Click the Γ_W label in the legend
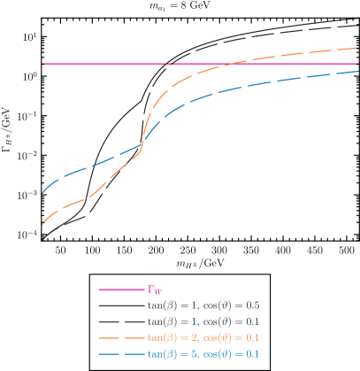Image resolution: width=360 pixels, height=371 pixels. [155, 290]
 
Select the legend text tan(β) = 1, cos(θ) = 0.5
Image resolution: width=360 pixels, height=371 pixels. [203, 305]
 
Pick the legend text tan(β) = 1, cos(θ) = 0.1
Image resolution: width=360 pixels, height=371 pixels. [203, 321]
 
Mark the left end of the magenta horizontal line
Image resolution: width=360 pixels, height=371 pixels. [43, 64]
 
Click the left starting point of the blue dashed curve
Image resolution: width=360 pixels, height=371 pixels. [42, 192]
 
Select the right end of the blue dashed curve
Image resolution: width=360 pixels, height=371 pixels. [358, 71]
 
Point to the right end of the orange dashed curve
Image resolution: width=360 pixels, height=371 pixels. [358, 48]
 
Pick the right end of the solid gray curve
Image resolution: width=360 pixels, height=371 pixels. [358, 19]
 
